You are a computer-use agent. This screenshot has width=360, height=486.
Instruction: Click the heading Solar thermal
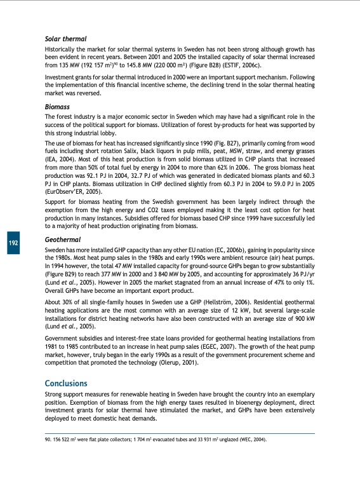coord(65,39)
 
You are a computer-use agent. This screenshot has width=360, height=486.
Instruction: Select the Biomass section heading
coord(57,107)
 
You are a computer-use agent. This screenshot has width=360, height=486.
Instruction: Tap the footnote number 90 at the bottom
coord(48,439)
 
